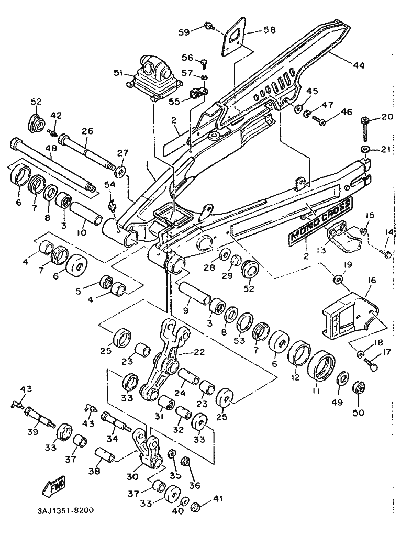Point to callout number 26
[x=87, y=130]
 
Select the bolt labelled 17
[x=372, y=365]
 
